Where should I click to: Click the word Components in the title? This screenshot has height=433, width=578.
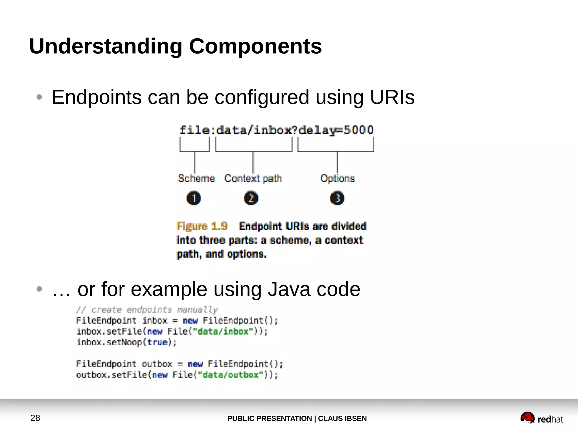255,46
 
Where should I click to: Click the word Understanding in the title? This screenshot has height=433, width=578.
106,46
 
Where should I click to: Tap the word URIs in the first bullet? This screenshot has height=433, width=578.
392,97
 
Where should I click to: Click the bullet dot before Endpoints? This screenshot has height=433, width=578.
39,97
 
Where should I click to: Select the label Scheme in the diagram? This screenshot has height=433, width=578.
196,178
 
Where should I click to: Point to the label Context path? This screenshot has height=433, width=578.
253,178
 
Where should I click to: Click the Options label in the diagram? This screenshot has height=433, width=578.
337,178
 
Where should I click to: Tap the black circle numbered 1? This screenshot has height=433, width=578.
194,198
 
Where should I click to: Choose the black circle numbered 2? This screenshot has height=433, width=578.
251,198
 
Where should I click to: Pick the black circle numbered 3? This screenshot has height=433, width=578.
337,198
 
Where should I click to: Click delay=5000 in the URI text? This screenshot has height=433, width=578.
336,130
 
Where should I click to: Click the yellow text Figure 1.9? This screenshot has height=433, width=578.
202,226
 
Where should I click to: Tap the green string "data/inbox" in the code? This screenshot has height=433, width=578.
223,331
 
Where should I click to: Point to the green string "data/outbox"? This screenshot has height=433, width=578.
231,375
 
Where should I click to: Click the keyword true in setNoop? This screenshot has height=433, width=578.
157,342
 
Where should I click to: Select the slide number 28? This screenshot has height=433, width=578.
35,418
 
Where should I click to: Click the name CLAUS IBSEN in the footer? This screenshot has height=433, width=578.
342,418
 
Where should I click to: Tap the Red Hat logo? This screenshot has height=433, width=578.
542,418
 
